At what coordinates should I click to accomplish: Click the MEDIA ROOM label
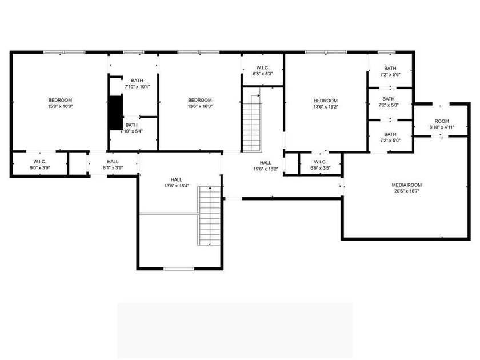(x=406, y=185)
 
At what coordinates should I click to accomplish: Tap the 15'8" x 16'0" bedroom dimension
(x=61, y=106)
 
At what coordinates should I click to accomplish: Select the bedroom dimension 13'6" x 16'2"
(x=326, y=107)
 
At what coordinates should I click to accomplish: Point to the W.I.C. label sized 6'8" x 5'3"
(x=263, y=67)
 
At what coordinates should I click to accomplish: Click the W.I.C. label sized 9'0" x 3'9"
(x=40, y=162)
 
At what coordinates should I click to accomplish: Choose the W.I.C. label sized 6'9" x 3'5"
(x=320, y=162)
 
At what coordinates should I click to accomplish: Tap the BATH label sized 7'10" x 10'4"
(x=137, y=81)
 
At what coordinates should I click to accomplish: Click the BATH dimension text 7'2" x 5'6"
(x=390, y=74)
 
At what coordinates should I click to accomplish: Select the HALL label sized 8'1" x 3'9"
(x=113, y=162)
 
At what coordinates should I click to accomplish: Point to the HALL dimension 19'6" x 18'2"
(x=266, y=169)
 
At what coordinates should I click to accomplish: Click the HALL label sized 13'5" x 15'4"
(x=177, y=179)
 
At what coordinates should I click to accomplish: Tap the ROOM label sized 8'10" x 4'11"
(x=442, y=121)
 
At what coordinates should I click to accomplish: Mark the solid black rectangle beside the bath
(x=115, y=113)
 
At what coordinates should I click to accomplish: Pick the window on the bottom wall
(x=179, y=269)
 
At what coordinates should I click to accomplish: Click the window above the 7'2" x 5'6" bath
(x=386, y=53)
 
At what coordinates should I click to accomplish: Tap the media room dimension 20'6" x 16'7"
(x=406, y=191)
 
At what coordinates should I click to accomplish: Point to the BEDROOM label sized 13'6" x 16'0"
(x=200, y=100)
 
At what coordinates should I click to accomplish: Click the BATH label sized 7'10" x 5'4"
(x=131, y=125)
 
